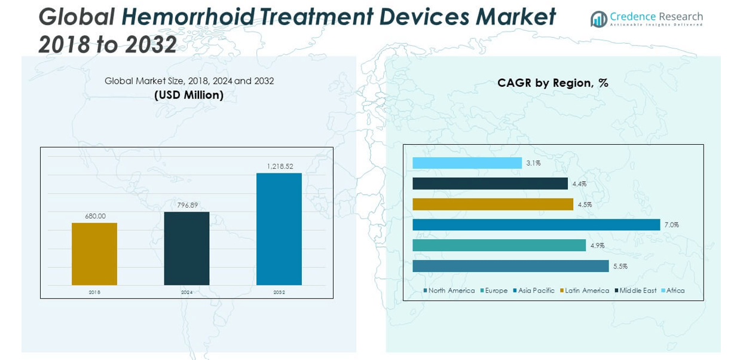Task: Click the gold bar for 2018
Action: tap(94, 254)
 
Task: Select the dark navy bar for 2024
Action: tap(186, 248)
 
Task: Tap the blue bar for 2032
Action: tap(279, 229)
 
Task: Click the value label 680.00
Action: tap(94, 216)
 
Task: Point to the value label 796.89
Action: tap(187, 205)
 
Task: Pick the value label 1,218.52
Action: tap(279, 166)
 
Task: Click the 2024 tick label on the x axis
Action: tap(187, 292)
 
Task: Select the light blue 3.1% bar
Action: tap(467, 163)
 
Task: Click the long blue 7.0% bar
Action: tap(536, 225)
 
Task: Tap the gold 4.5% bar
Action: tap(493, 205)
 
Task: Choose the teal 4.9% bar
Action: tap(499, 245)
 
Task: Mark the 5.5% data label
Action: tap(620, 266)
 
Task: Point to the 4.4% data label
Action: tap(579, 184)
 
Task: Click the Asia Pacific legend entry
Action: tap(536, 291)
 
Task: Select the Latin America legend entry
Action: tap(587, 291)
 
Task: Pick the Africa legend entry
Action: tap(675, 291)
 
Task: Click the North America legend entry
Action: tap(451, 291)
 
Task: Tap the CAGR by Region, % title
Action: tap(553, 83)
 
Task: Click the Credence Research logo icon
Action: tap(598, 19)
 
